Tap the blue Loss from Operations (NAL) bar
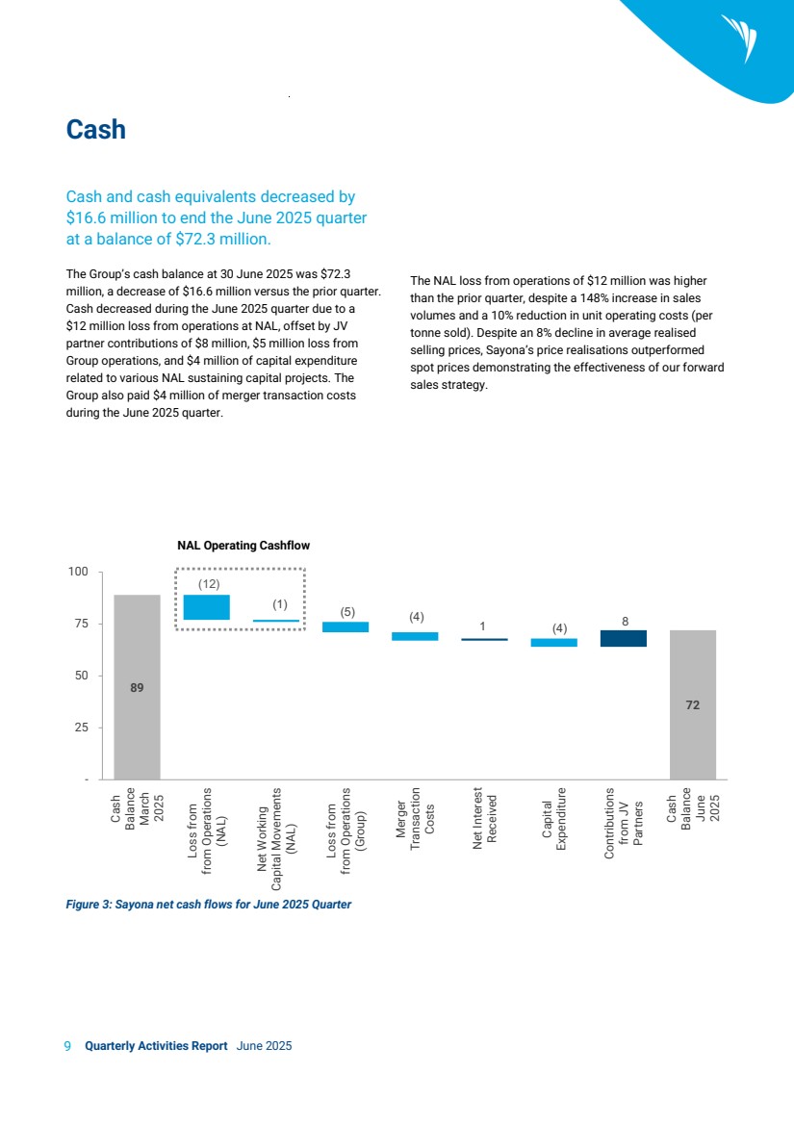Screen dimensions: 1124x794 click(x=207, y=606)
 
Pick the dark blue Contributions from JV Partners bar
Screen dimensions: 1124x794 click(x=624, y=638)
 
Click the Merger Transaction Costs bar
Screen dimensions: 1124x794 click(x=415, y=636)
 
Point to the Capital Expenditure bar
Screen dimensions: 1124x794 click(x=554, y=642)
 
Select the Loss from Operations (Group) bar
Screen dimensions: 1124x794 click(x=346, y=626)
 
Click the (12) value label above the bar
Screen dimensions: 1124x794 click(x=209, y=583)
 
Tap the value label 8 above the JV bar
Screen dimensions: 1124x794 click(x=625, y=622)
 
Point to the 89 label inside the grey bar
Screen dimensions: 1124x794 click(x=138, y=687)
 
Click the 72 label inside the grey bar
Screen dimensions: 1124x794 click(x=693, y=705)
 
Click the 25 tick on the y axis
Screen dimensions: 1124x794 click(x=82, y=728)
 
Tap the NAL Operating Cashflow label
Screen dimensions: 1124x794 click(x=243, y=546)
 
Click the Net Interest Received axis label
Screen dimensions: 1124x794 click(x=485, y=819)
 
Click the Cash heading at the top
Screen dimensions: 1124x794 click(x=95, y=130)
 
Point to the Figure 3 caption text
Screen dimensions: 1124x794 click(x=207, y=905)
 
